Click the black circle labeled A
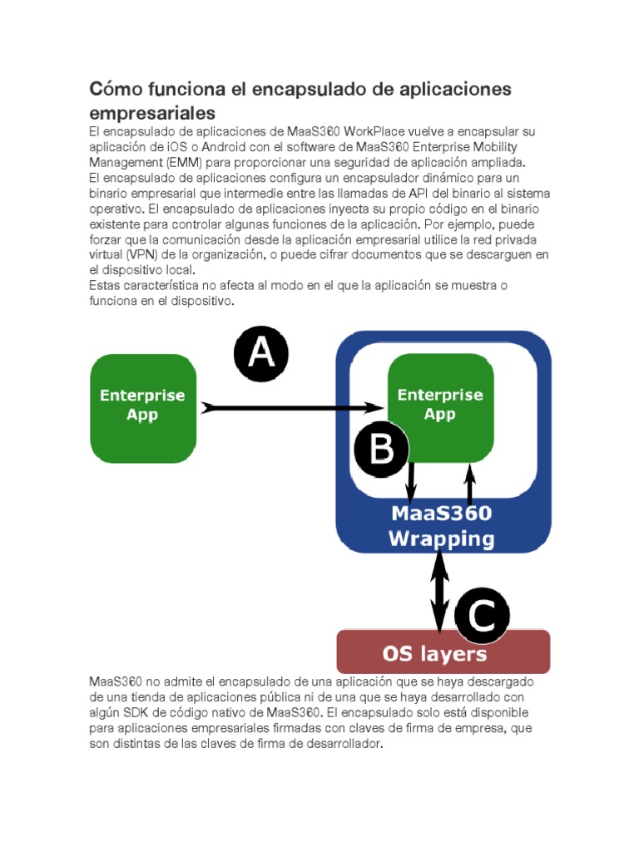click(261, 353)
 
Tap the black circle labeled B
click(381, 450)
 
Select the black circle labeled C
click(482, 616)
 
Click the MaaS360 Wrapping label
click(441, 527)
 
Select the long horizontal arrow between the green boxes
click(291, 407)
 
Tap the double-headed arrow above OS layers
click(439, 590)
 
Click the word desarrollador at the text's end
click(339, 744)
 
